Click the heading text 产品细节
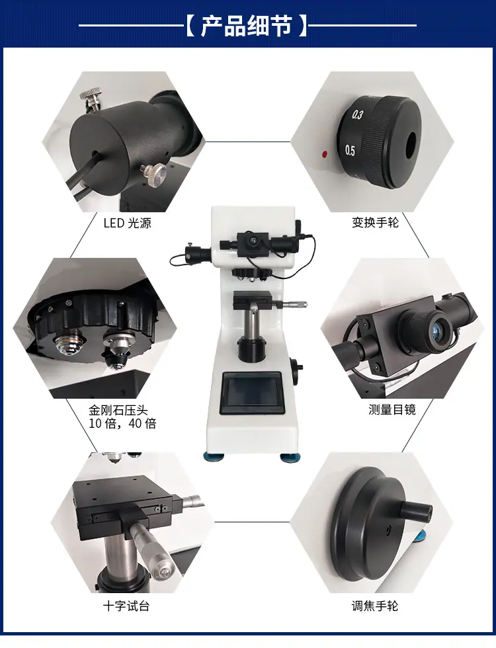tap(246, 26)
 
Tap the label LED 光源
tap(127, 223)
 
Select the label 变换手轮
tap(376, 222)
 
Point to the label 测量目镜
tap(392, 409)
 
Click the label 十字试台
tap(126, 606)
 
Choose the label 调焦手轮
tap(375, 606)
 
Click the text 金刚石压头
tap(118, 411)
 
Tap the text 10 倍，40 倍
tap(123, 424)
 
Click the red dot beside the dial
tap(325, 155)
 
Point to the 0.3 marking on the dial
tap(358, 114)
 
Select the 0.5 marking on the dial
tap(350, 151)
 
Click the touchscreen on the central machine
tap(252, 393)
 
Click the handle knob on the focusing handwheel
tap(415, 510)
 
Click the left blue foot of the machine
tap(214, 456)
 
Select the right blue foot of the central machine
tap(290, 457)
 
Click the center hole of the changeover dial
tap(411, 145)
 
